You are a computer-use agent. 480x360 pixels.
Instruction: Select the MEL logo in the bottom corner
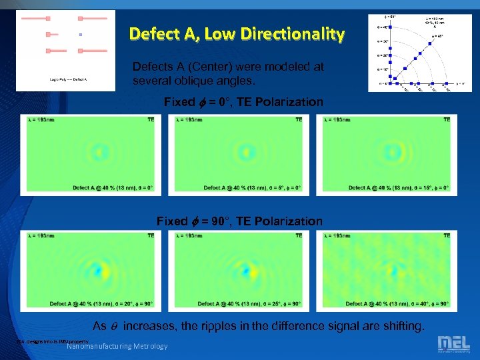[453, 343]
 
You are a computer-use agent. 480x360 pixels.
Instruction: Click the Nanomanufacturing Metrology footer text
[117, 345]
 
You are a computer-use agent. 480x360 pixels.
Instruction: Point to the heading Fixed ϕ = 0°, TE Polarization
[243, 102]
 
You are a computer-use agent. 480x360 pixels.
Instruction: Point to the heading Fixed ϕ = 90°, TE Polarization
[239, 221]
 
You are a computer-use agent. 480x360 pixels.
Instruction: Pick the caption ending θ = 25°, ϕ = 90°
[249, 303]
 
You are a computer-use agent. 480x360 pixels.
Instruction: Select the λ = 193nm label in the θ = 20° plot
[41, 235]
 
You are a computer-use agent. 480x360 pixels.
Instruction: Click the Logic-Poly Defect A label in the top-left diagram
[69, 79]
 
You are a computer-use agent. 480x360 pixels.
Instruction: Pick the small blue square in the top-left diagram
[80, 33]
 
